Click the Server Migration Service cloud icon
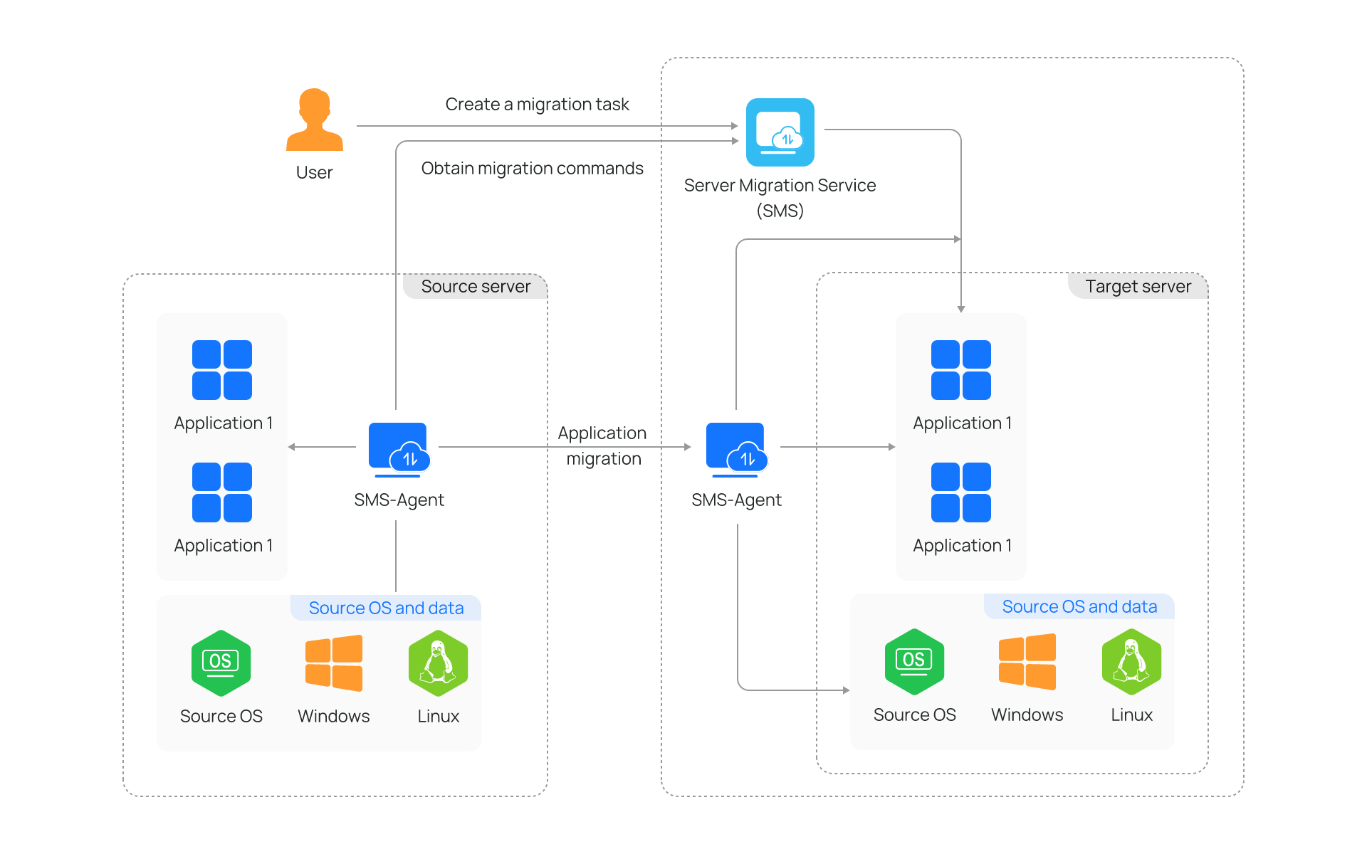click(x=780, y=132)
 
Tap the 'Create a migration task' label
click(x=537, y=105)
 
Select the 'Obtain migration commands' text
click(x=532, y=169)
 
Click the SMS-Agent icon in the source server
click(x=399, y=448)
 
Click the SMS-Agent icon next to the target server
click(x=736, y=448)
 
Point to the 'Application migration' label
click(x=603, y=446)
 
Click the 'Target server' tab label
click(x=1137, y=286)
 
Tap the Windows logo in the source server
click(x=333, y=663)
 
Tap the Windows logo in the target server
click(x=1027, y=661)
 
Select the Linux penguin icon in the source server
click(x=438, y=663)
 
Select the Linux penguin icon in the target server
click(x=1131, y=661)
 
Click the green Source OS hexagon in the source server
click(x=221, y=663)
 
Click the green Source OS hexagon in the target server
click(x=914, y=661)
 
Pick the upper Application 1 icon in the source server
click(x=222, y=370)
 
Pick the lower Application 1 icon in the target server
click(x=961, y=492)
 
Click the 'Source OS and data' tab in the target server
click(x=1079, y=606)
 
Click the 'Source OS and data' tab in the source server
click(x=386, y=608)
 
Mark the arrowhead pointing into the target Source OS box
click(x=846, y=690)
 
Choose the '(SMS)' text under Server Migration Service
click(x=780, y=211)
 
